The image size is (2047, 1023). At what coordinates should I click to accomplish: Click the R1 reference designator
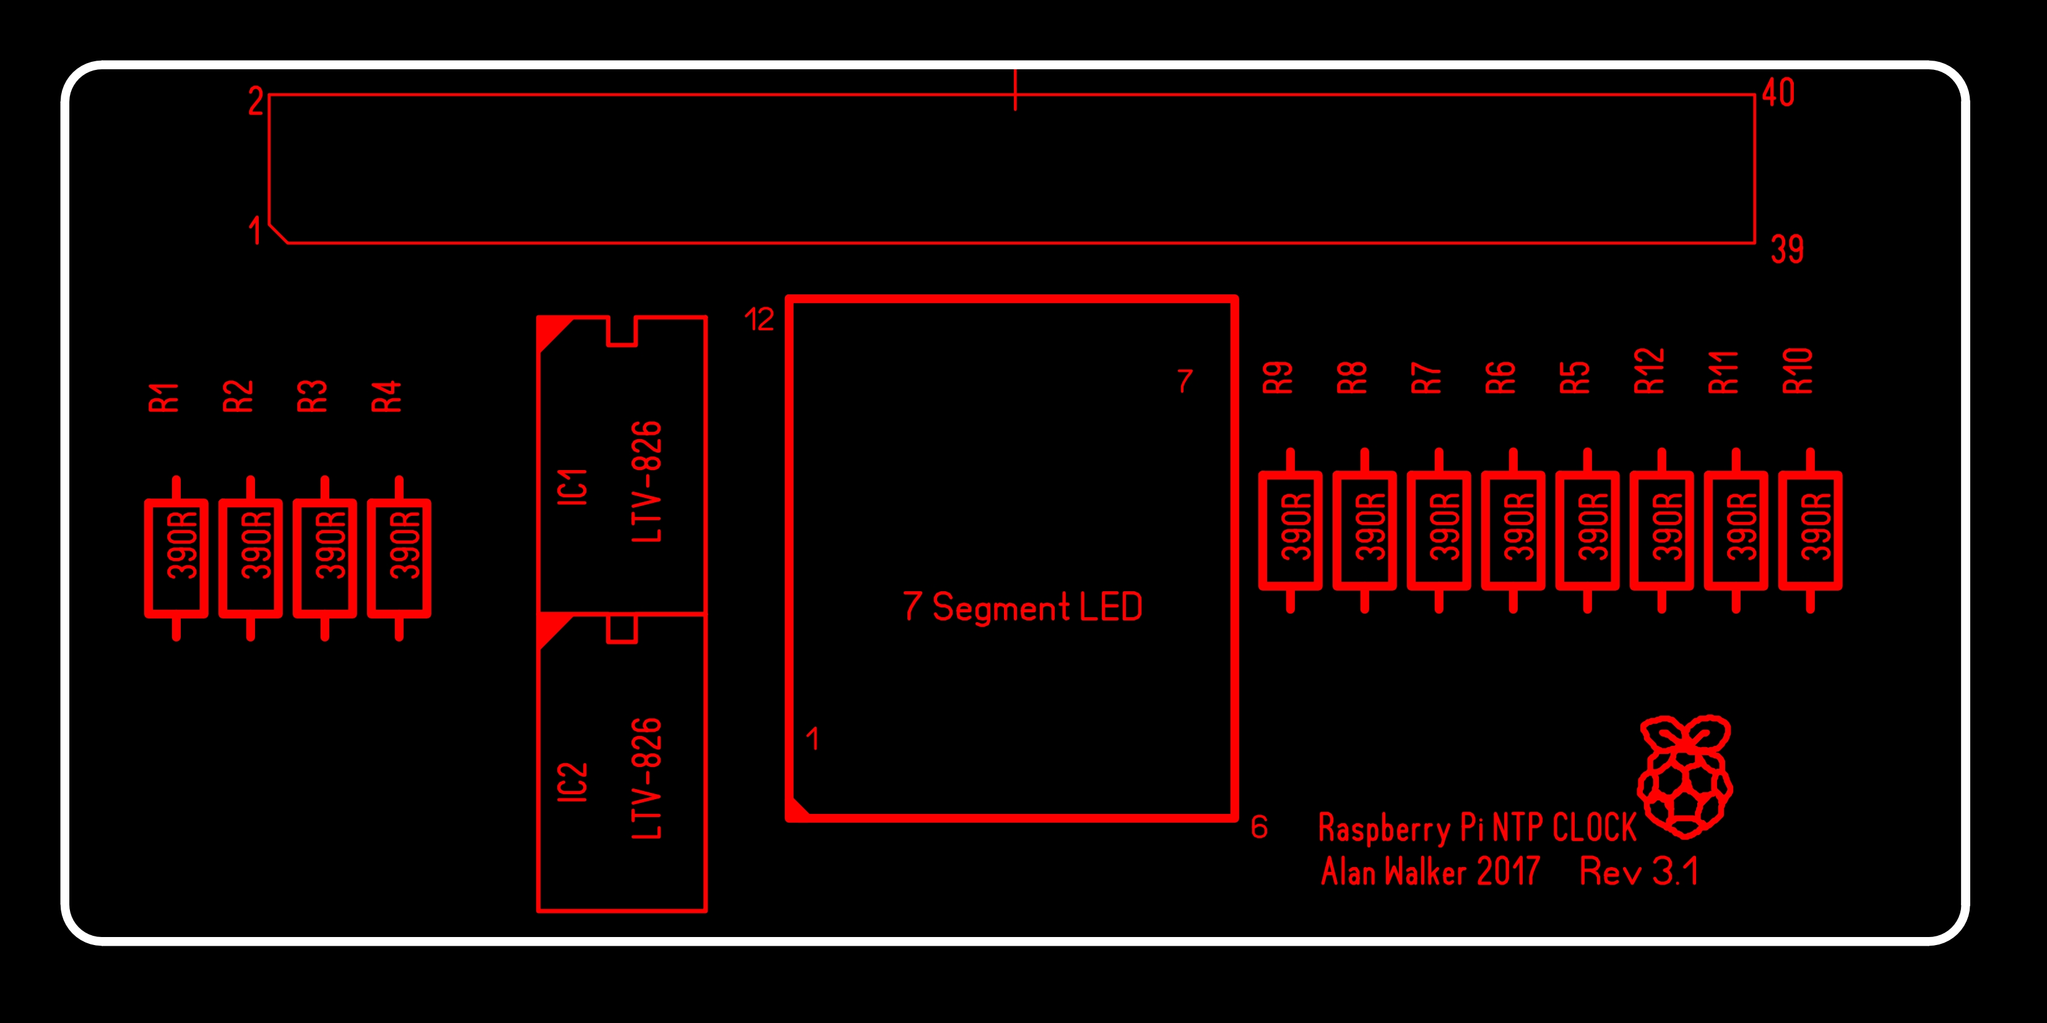(163, 397)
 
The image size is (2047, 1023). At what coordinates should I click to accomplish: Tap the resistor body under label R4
(399, 559)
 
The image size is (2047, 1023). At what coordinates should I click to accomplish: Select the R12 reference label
(1650, 371)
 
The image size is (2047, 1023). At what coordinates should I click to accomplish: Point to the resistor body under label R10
(1810, 531)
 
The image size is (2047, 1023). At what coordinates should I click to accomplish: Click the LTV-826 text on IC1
(647, 482)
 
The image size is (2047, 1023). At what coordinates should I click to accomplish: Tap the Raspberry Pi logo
(1685, 777)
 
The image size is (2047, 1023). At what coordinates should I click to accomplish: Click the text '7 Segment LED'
(1023, 607)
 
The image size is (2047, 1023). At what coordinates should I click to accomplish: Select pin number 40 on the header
(1778, 92)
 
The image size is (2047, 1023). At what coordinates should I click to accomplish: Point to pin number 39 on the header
(1787, 249)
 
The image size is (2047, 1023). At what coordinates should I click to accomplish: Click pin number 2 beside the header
(255, 101)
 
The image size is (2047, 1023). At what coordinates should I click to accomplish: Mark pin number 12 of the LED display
(759, 319)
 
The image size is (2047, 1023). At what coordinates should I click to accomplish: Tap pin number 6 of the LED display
(1260, 827)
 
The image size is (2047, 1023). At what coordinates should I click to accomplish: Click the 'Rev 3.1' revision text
(1639, 871)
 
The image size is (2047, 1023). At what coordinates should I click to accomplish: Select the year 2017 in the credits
(1508, 871)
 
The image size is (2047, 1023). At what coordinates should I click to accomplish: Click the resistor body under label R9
(1291, 531)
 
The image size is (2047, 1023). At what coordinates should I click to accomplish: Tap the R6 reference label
(1501, 377)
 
